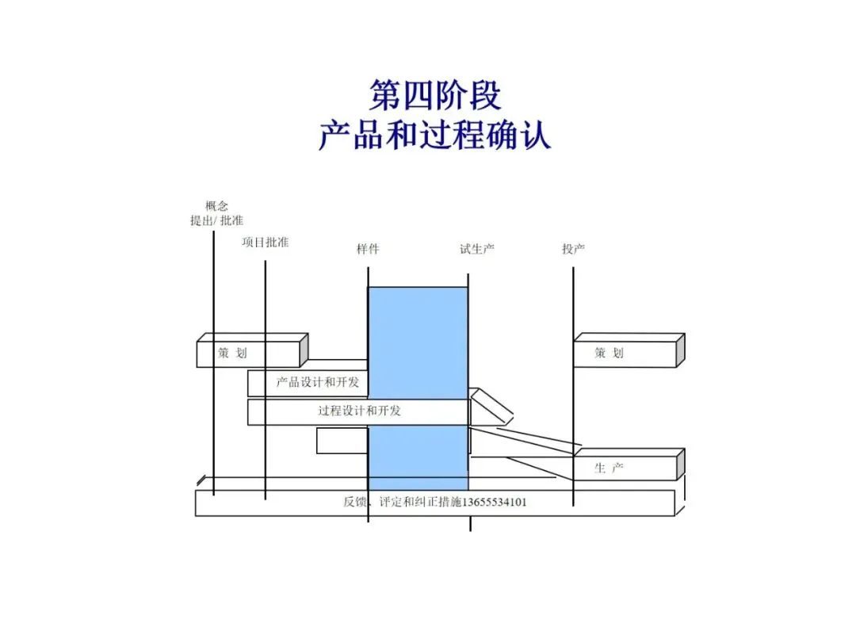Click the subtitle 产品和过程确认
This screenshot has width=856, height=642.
click(x=434, y=136)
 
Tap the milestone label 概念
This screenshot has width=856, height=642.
click(x=216, y=206)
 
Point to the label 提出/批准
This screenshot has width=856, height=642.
click(x=216, y=220)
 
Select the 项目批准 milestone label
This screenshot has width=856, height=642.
click(x=266, y=242)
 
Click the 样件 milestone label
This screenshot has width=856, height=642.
click(x=368, y=249)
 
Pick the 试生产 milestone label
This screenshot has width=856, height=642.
click(x=477, y=249)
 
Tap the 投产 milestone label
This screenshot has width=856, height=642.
click(x=573, y=249)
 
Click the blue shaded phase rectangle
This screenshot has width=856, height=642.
click(x=418, y=333)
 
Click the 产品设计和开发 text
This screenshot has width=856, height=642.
click(x=317, y=383)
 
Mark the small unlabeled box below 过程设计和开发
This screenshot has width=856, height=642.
click(x=342, y=441)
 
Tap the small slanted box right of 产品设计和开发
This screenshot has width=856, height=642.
click(x=491, y=404)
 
